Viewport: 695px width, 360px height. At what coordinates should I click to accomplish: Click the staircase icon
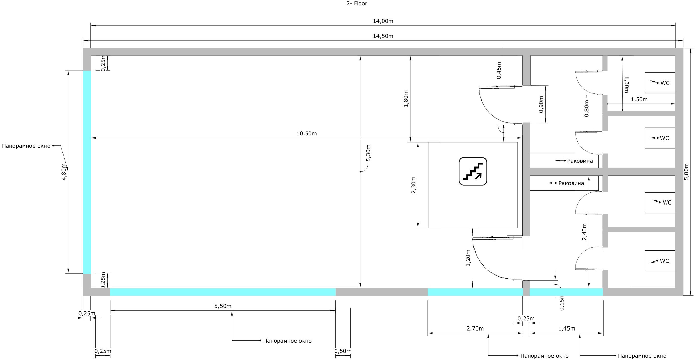pyautogui.click(x=473, y=171)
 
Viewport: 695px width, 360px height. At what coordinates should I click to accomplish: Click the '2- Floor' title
pyautogui.click(x=357, y=4)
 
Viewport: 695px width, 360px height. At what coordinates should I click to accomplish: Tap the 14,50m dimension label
pyautogui.click(x=383, y=36)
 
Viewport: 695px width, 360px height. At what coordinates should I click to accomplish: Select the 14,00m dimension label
pyautogui.click(x=383, y=21)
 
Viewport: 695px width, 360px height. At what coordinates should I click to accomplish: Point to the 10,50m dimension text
pyautogui.click(x=307, y=133)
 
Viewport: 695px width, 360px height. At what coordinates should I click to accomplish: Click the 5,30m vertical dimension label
pyautogui.click(x=368, y=153)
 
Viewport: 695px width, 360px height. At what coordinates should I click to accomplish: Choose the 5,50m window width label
pyautogui.click(x=223, y=306)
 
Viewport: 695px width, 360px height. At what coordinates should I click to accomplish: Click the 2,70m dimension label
pyautogui.click(x=475, y=328)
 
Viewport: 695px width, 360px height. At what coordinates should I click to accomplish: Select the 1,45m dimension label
pyautogui.click(x=566, y=328)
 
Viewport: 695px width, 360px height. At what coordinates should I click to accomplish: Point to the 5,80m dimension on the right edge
pyautogui.click(x=687, y=172)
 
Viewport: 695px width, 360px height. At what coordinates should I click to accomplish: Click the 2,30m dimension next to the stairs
pyautogui.click(x=413, y=185)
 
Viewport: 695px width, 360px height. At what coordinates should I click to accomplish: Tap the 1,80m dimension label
pyautogui.click(x=406, y=99)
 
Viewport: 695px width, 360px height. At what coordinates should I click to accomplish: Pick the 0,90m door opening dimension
pyautogui.click(x=541, y=104)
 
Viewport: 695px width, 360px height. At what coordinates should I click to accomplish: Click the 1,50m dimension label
pyautogui.click(x=639, y=99)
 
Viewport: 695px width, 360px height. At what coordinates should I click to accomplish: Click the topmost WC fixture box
pyautogui.click(x=660, y=83)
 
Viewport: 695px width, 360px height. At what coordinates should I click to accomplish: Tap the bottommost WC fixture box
pyautogui.click(x=660, y=260)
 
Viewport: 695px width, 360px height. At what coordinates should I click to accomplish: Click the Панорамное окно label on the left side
pyautogui.click(x=26, y=146)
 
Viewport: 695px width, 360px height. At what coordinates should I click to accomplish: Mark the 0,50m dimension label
pyautogui.click(x=343, y=351)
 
